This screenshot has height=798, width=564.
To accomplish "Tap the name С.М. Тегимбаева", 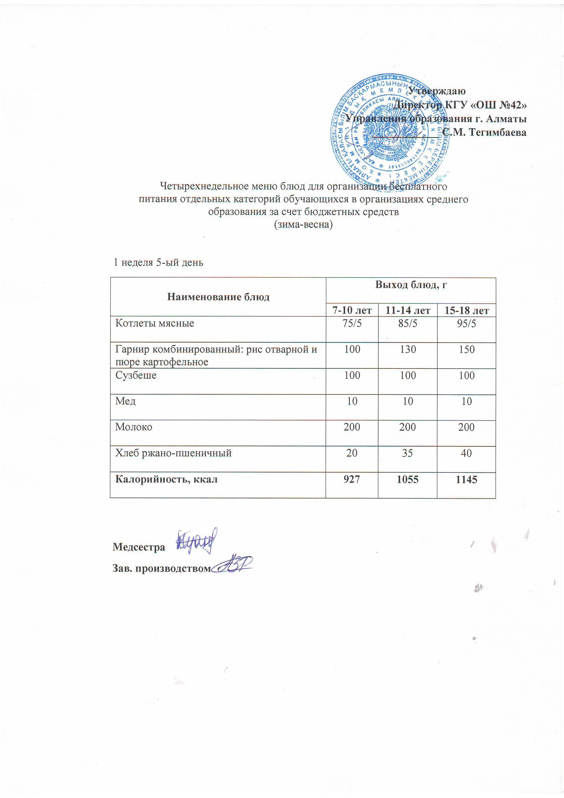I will [484, 132].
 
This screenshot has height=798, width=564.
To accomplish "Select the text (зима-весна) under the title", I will [303, 225].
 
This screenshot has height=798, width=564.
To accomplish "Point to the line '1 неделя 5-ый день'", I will [159, 263].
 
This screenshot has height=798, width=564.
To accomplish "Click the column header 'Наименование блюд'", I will [218, 297].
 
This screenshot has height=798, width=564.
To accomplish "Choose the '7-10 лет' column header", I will [352, 310].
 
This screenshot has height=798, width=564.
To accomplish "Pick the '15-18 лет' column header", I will [466, 310].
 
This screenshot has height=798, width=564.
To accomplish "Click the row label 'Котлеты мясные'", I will [155, 323].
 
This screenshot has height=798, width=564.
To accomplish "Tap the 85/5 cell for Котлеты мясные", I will [408, 323].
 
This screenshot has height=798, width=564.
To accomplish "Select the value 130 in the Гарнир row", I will [408, 349].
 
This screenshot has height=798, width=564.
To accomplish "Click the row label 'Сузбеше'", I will [136, 375].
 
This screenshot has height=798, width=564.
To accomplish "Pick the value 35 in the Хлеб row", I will [407, 453].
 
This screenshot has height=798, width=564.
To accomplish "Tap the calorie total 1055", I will [407, 479].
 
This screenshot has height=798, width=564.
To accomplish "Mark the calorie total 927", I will [352, 479].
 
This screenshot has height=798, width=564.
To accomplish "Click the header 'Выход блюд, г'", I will [411, 285].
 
